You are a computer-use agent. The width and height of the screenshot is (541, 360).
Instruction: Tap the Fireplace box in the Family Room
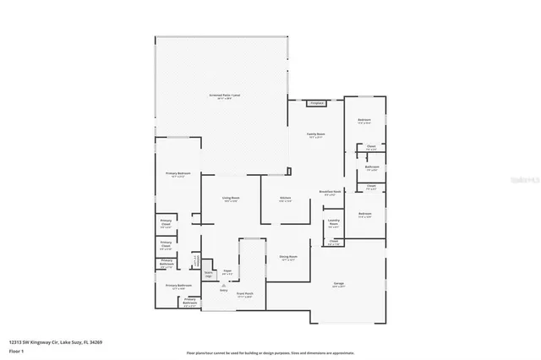point(317,103)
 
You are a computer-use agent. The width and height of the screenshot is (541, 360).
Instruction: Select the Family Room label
point(316,134)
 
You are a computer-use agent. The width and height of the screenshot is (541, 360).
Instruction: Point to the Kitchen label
point(286,199)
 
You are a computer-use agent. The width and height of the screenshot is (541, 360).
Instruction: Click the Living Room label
point(230,199)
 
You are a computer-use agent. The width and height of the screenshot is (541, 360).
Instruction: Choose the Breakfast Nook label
point(330,192)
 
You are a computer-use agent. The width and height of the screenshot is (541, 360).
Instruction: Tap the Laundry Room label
point(333,225)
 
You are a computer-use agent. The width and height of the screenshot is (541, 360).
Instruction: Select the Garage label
point(338,284)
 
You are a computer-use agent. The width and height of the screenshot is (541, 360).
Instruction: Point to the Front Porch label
point(245,295)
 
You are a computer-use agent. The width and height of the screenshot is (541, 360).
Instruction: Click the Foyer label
point(227,272)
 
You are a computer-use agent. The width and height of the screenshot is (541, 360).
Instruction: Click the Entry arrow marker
point(223,286)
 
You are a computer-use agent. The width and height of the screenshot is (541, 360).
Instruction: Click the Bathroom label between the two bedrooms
point(372,167)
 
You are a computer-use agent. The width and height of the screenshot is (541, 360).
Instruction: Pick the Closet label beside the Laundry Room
point(333,242)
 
